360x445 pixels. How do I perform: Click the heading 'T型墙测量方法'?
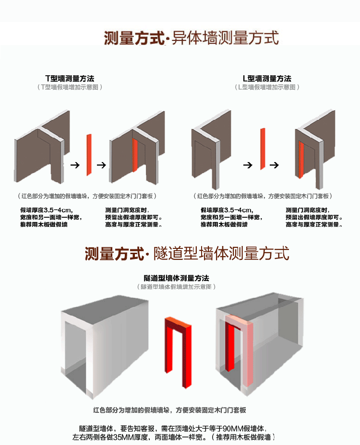(70, 78)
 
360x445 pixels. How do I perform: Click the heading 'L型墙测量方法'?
(267, 78)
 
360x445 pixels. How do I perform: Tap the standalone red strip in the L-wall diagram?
(263, 148)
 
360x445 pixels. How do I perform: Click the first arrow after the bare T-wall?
(74, 165)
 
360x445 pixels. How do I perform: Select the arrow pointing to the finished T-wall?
(101, 165)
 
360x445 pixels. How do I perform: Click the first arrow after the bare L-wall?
(247, 165)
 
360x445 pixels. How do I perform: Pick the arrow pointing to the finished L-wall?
(274, 165)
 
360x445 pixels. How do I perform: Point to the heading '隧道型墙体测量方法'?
(177, 278)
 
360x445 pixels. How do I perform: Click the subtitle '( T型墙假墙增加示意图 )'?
(70, 87)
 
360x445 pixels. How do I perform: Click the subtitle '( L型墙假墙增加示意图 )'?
(267, 87)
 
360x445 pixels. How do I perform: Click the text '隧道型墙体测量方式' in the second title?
(221, 253)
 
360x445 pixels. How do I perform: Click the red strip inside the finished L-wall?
(301, 161)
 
